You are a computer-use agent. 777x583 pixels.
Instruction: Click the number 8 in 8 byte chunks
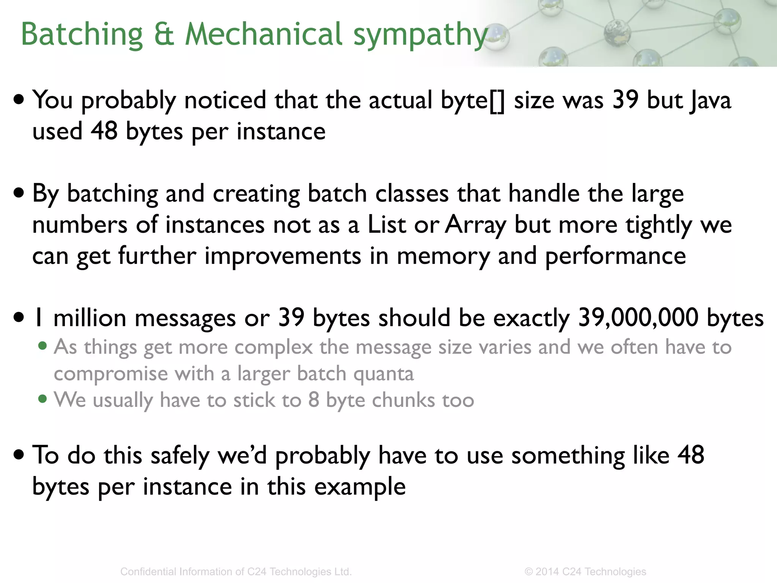coord(314,400)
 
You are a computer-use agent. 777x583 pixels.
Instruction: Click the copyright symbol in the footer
coord(528,572)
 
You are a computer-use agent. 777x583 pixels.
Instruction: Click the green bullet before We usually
coord(43,400)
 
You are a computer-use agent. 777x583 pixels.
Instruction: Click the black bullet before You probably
coord(19,100)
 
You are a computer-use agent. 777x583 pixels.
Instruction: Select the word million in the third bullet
coord(90,318)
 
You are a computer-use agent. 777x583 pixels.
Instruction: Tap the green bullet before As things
coord(43,346)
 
